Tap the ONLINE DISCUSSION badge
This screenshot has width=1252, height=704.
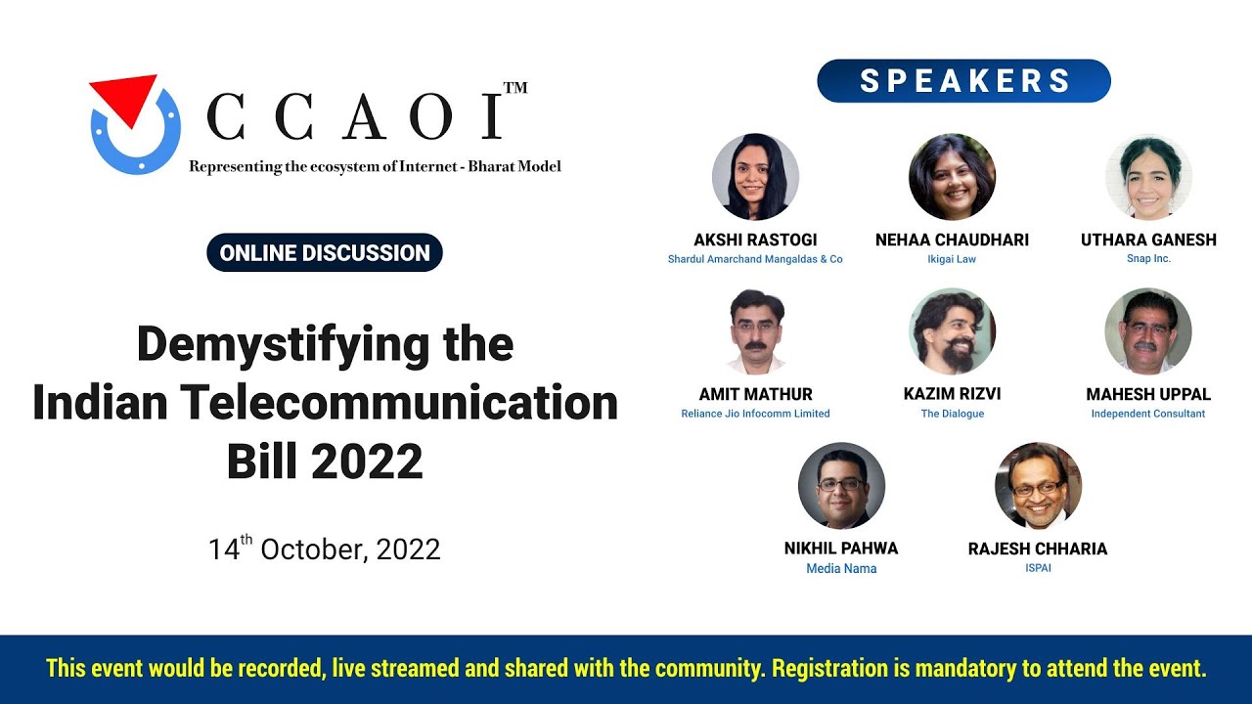[x=325, y=253]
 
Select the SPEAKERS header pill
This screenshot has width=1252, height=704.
[x=963, y=81]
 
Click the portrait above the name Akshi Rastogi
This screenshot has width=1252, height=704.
[x=755, y=177]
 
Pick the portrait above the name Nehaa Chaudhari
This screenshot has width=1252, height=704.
[x=952, y=177]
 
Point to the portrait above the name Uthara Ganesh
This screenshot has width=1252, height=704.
[x=1148, y=177]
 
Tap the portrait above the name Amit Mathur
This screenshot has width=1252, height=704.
[x=755, y=331]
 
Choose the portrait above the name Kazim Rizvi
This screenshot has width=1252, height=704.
[x=952, y=331]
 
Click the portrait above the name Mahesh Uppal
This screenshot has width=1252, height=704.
[x=1148, y=331]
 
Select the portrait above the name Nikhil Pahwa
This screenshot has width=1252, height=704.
[x=841, y=486]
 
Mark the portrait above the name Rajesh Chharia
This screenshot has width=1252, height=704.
[x=1038, y=486]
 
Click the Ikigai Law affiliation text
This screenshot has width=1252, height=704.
[x=952, y=259]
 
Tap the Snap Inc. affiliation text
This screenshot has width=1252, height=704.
[x=1148, y=259]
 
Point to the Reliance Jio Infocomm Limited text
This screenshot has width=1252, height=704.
[x=755, y=414]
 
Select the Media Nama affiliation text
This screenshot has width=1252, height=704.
[x=841, y=568]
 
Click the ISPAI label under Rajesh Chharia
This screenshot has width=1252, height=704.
[x=1038, y=568]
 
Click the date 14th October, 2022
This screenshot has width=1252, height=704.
[x=325, y=549]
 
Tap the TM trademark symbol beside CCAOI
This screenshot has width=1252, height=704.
[x=514, y=88]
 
